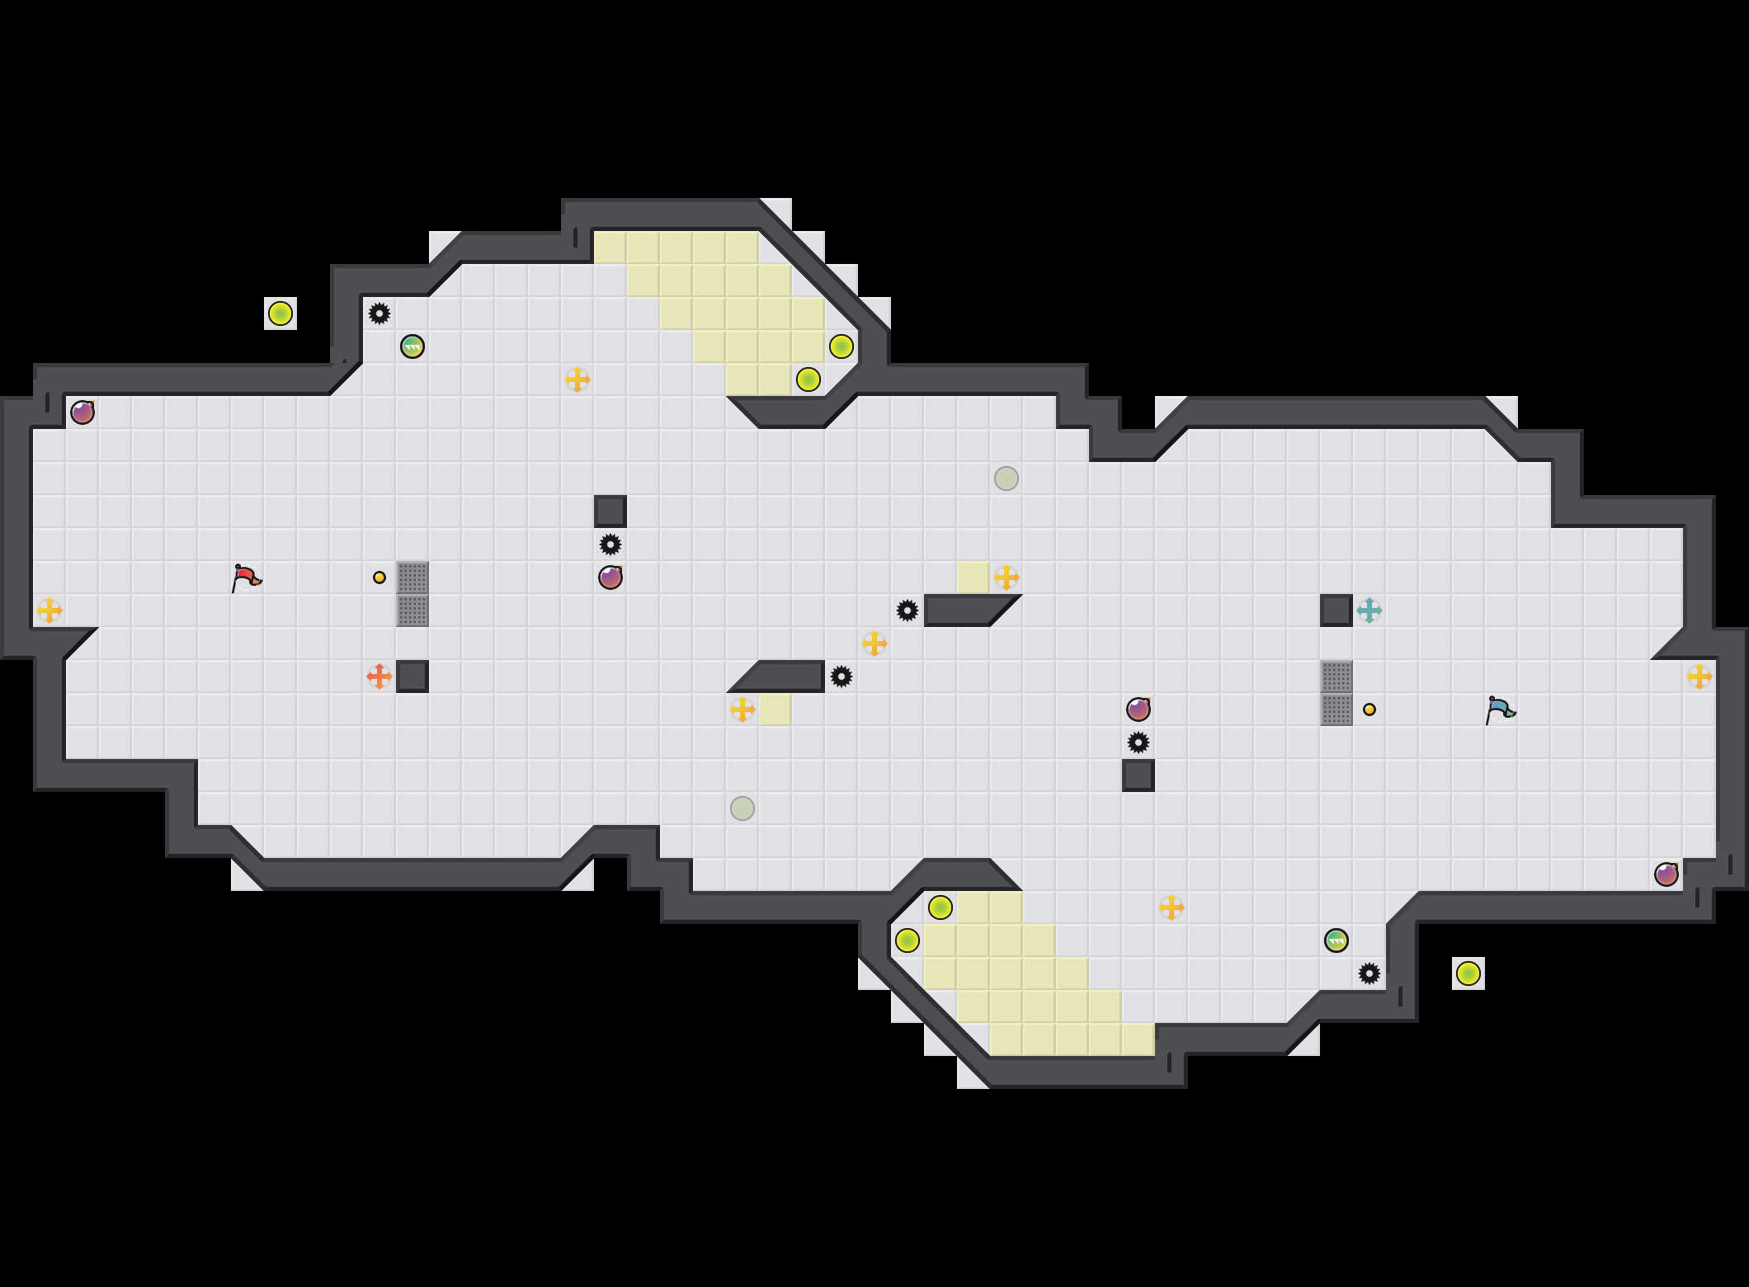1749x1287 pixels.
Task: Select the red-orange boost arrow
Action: (379, 676)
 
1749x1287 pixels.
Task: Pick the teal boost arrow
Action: (1369, 610)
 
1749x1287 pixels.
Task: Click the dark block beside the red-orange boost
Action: (412, 676)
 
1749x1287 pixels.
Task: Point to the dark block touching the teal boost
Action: (1336, 610)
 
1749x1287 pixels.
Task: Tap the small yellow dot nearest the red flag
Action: (379, 577)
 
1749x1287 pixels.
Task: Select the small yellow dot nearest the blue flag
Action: (1369, 709)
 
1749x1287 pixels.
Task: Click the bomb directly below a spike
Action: (610, 577)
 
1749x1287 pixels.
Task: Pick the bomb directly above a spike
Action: (1138, 709)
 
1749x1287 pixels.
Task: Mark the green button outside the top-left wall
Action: (280, 313)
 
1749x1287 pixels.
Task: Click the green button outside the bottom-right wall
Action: (1468, 973)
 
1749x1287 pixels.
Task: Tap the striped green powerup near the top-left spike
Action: (412, 346)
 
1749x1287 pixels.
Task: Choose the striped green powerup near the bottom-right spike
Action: (1336, 940)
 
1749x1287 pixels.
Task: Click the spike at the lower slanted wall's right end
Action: (841, 676)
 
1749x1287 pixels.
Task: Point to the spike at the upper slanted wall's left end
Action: (907, 610)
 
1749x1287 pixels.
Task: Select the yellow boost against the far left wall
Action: (49, 610)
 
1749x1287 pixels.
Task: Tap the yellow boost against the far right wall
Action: (1699, 676)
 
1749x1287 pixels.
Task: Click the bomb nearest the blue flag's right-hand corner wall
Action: (1666, 874)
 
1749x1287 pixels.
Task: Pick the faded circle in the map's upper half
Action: (1006, 478)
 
